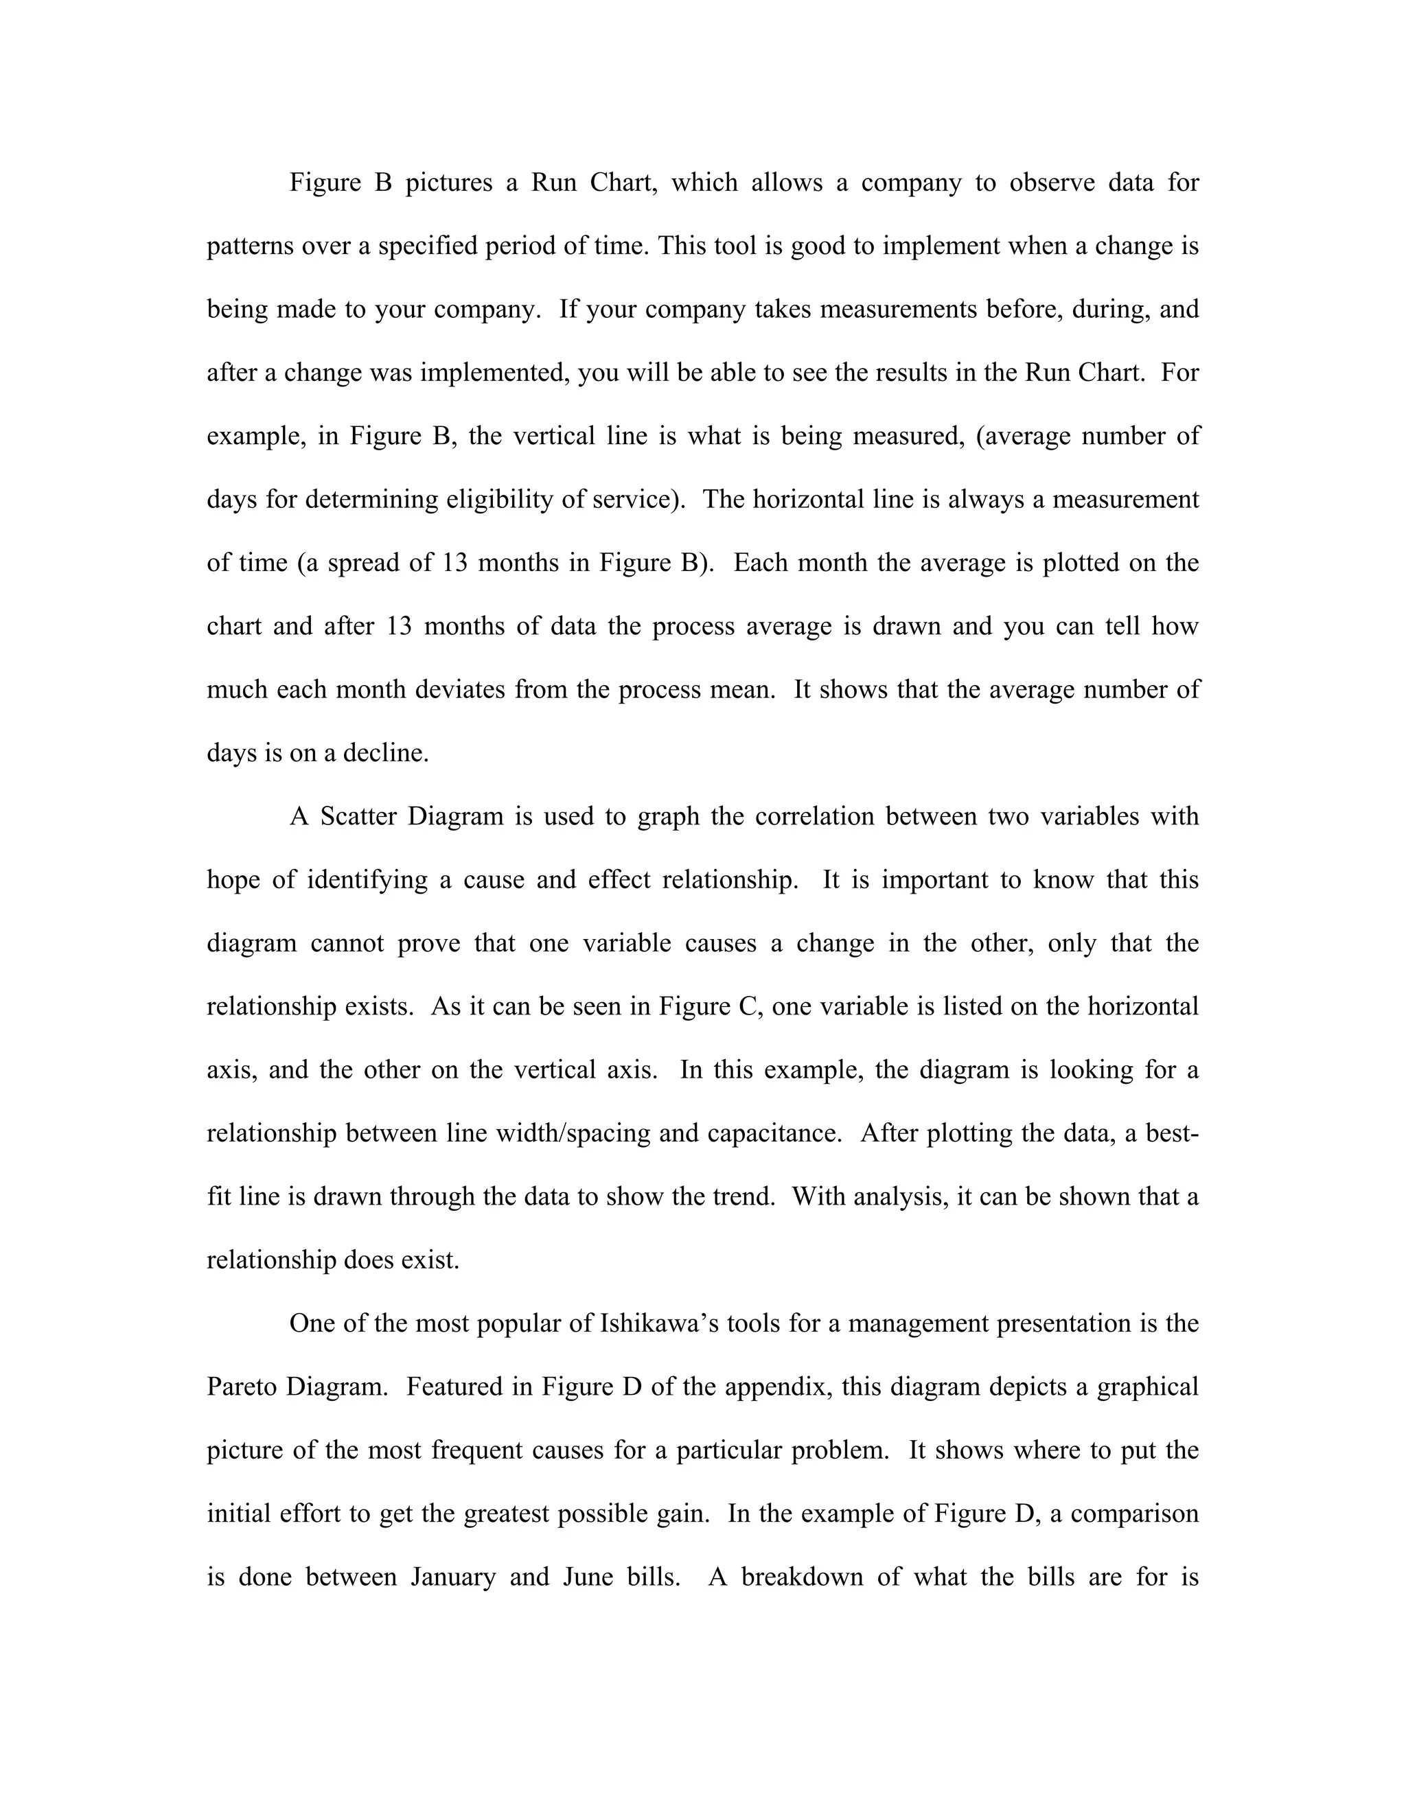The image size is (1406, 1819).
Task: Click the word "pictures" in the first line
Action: coord(449,183)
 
